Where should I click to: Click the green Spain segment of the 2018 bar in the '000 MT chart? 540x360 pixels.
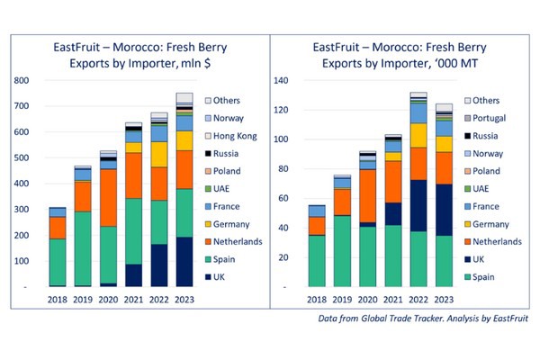(x=316, y=260)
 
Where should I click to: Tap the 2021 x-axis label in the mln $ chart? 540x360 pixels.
(x=133, y=299)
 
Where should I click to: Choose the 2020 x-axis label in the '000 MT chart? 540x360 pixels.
(x=367, y=299)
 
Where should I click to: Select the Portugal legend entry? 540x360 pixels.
(x=490, y=118)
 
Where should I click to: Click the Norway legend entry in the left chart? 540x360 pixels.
(x=229, y=118)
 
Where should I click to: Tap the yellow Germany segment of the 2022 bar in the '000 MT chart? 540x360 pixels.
(x=418, y=135)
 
